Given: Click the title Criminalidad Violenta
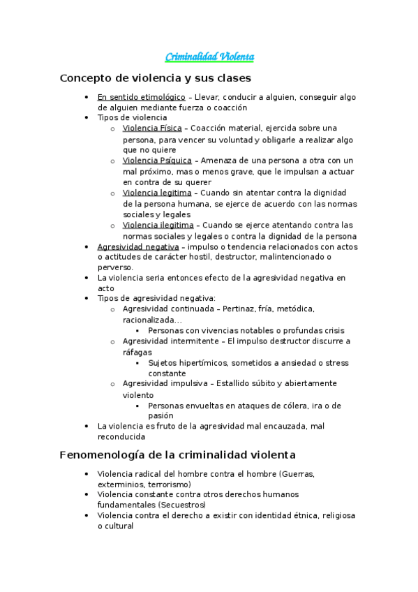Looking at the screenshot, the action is click(x=209, y=56).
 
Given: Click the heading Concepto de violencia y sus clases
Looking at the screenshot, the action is click(x=156, y=78).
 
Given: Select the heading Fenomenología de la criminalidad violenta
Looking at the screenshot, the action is click(x=178, y=454).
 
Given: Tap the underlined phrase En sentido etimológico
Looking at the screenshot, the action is click(x=142, y=97).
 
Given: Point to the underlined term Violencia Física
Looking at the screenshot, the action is click(x=152, y=128).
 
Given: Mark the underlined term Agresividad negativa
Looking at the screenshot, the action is click(x=138, y=246).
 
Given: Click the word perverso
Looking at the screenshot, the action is click(x=115, y=267).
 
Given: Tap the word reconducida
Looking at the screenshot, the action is click(x=121, y=437).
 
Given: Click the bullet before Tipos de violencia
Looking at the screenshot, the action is click(x=84, y=118).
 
